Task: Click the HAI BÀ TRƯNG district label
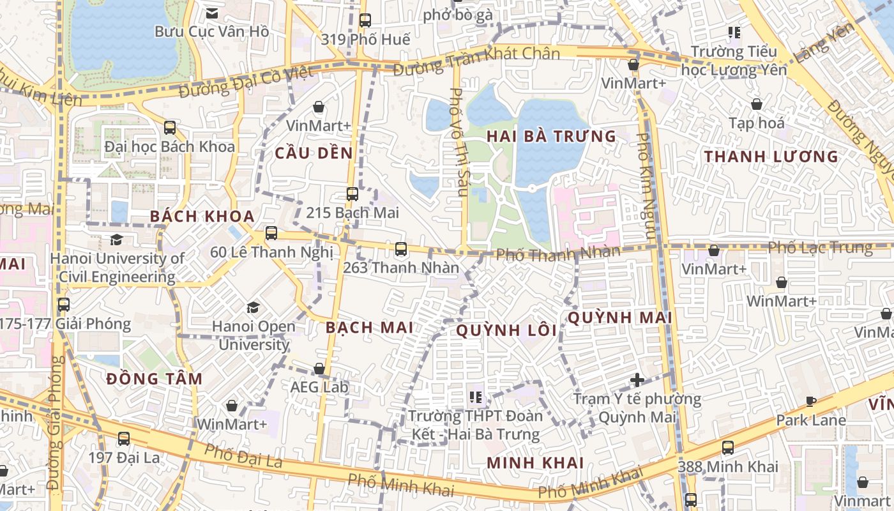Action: pyautogui.click(x=551, y=136)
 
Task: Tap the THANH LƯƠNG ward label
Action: pyautogui.click(x=771, y=156)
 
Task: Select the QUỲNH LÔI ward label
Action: pyautogui.click(x=506, y=330)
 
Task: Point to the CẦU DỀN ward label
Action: pyautogui.click(x=314, y=153)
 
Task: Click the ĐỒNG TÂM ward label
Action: pyautogui.click(x=154, y=379)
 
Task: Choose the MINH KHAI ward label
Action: pyautogui.click(x=535, y=462)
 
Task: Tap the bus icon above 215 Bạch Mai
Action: pyautogui.click(x=352, y=194)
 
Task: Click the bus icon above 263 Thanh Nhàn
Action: pyautogui.click(x=401, y=249)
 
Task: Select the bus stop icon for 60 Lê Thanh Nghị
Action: pyautogui.click(x=271, y=233)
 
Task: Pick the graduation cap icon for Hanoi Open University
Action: pyautogui.click(x=254, y=308)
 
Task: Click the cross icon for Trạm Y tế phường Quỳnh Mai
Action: pyautogui.click(x=637, y=380)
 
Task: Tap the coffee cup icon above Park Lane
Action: pyautogui.click(x=811, y=402)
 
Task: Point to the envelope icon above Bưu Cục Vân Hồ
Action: pyautogui.click(x=212, y=13)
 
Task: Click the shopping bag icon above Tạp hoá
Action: pyautogui.click(x=757, y=103)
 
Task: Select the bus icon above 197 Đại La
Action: pyautogui.click(x=123, y=439)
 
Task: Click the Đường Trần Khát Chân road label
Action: pyautogui.click(x=476, y=59)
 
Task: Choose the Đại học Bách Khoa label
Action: pyautogui.click(x=170, y=146)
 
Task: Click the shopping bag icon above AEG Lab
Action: pyautogui.click(x=319, y=369)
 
